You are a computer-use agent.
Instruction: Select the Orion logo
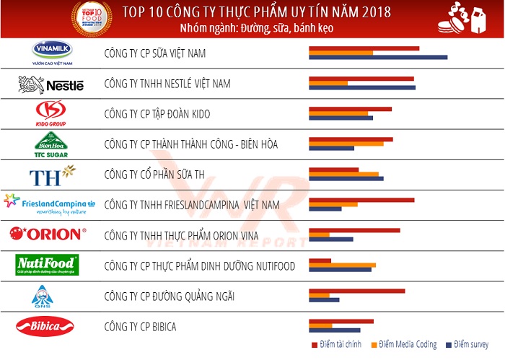click(48, 234)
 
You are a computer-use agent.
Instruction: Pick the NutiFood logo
click(47, 265)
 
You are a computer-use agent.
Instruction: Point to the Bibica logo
click(45, 326)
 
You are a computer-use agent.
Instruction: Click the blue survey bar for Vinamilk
click(378, 57)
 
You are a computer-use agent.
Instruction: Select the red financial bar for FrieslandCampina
click(361, 200)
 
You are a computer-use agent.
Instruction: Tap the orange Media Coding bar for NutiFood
click(342, 265)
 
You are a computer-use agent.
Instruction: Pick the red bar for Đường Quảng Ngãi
click(356, 291)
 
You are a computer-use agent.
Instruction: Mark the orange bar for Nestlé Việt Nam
click(328, 83)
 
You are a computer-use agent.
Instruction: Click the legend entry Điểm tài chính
click(335, 345)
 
